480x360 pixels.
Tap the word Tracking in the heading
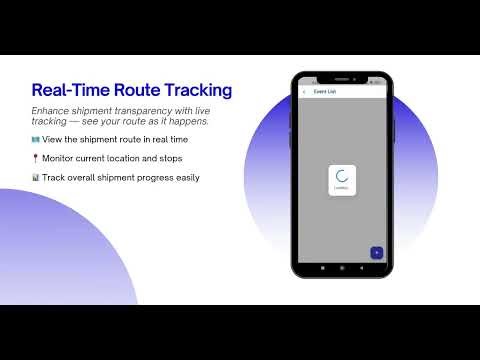(202, 90)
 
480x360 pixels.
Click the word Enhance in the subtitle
(51, 110)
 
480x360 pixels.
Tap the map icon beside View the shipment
(35, 139)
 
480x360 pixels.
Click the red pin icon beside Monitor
(35, 158)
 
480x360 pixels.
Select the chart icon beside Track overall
(35, 178)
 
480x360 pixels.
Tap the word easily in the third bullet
(184, 178)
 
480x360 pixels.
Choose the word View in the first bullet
(53, 139)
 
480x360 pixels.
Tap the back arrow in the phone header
(304, 92)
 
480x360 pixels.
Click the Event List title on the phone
(325, 92)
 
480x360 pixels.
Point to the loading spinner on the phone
(341, 176)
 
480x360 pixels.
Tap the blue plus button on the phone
(376, 252)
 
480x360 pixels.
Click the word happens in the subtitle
(188, 121)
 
